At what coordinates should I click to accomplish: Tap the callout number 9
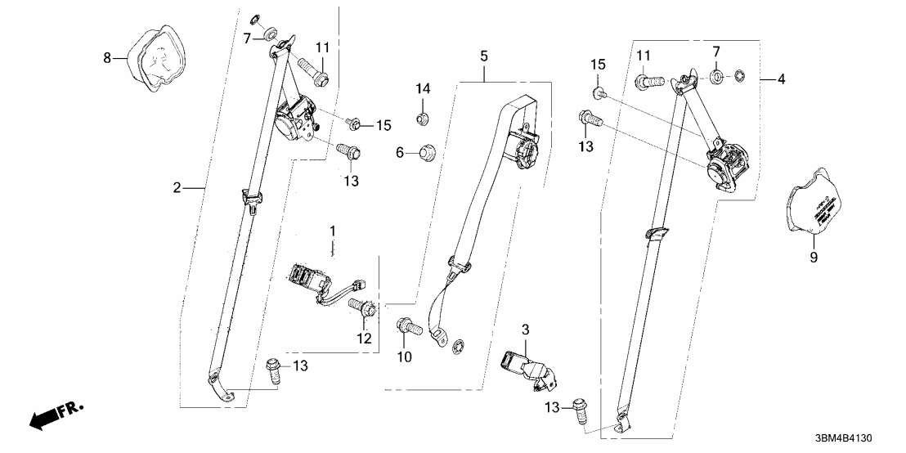click(x=814, y=258)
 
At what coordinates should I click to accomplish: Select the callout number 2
click(x=176, y=188)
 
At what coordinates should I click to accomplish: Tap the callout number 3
click(x=526, y=330)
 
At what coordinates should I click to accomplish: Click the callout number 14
click(x=424, y=88)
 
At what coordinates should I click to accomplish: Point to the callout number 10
click(x=404, y=357)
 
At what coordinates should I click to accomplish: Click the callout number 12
click(x=365, y=338)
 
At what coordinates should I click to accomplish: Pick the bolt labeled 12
click(x=361, y=309)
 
